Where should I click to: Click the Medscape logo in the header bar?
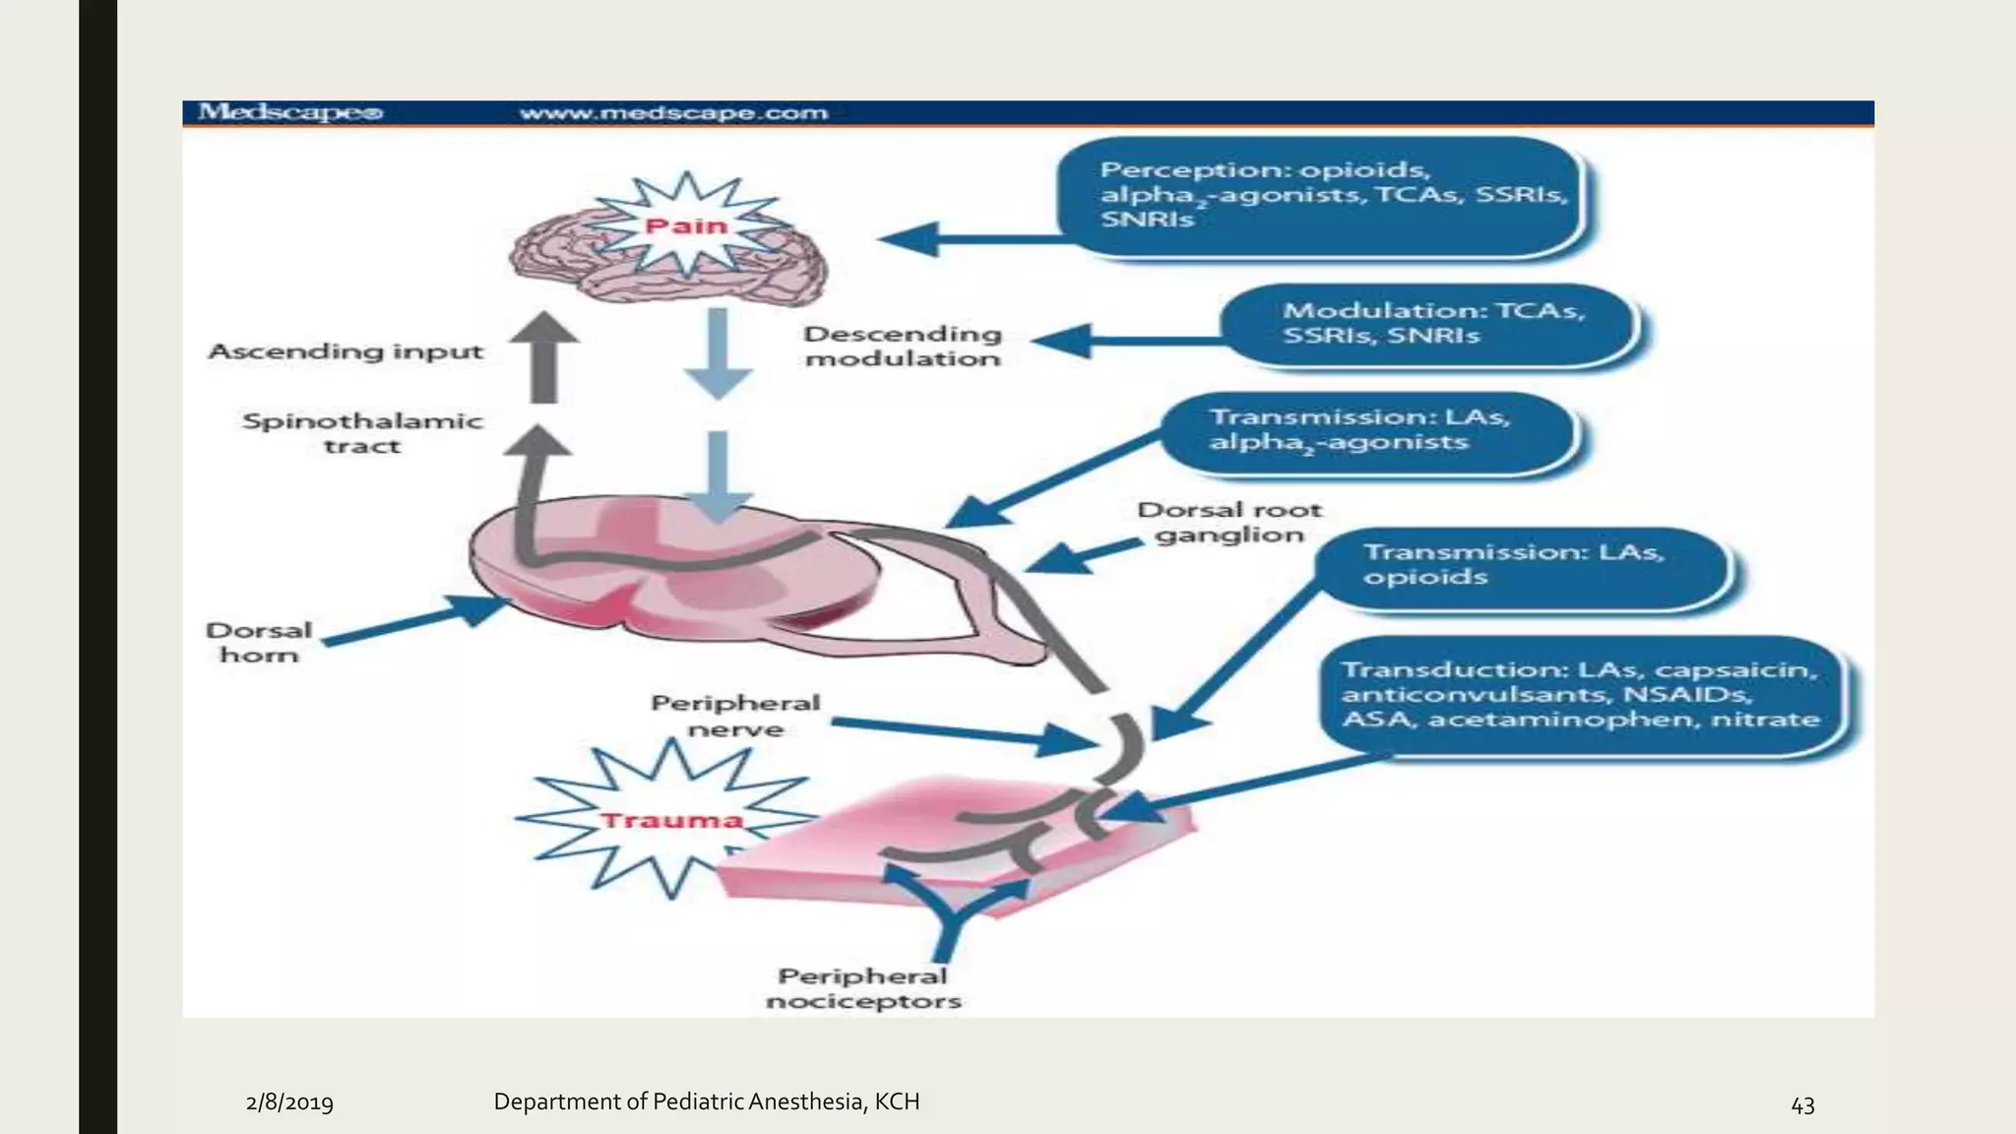point(289,112)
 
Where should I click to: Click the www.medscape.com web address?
point(673,113)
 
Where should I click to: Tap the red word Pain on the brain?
point(686,226)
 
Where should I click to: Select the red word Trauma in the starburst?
point(671,820)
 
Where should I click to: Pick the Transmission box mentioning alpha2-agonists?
point(1368,430)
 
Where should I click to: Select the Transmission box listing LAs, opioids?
point(1521,566)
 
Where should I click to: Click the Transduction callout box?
point(1580,695)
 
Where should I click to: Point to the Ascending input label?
point(346,351)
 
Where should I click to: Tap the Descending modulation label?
point(902,346)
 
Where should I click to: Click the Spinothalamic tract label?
point(362,433)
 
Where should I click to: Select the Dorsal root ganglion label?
point(1228,523)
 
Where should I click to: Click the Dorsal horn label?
point(258,642)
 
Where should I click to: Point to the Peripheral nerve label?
point(735,716)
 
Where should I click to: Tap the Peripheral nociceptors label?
point(863,988)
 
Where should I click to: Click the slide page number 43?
point(1802,1105)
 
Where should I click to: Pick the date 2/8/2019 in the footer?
point(289,1102)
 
